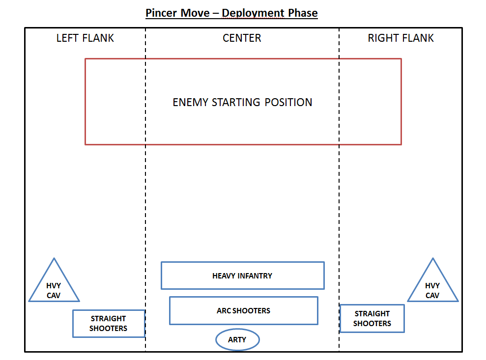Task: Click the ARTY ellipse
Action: [x=238, y=340]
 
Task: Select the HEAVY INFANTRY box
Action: [x=242, y=276]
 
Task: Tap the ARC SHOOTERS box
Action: [x=243, y=310]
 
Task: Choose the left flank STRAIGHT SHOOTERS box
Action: [x=109, y=323]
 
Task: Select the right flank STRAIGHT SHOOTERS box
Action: [x=372, y=318]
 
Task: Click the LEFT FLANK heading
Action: [x=85, y=38]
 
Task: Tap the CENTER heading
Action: [x=242, y=38]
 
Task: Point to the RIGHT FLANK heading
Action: [x=400, y=38]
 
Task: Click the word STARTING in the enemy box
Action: [x=236, y=103]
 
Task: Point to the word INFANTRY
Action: [x=254, y=276]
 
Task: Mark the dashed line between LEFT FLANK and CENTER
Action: [x=145, y=196]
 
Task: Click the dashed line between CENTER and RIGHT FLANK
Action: [x=339, y=196]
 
